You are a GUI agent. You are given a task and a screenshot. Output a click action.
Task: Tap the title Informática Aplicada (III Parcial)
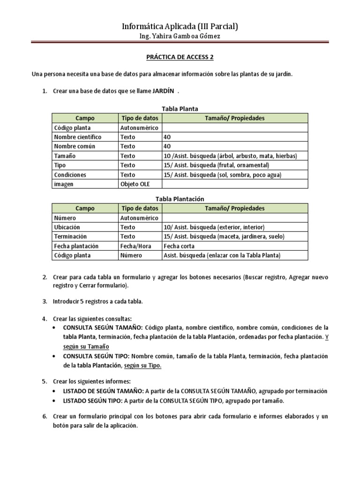(x=180, y=26)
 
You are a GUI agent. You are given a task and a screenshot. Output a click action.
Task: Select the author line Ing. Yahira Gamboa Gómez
(x=180, y=37)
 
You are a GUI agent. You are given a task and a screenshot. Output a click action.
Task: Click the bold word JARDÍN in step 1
(x=164, y=91)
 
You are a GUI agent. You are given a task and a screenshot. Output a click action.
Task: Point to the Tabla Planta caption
(x=180, y=109)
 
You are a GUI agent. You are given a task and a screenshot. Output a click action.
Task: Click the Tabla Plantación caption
(x=180, y=199)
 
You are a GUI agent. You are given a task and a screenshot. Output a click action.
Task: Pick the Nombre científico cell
(x=78, y=137)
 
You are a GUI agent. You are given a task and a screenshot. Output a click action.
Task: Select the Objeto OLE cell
(x=135, y=184)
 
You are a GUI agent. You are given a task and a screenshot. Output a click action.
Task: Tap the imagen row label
(x=64, y=184)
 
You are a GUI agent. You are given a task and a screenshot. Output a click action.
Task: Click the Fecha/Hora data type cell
(x=135, y=246)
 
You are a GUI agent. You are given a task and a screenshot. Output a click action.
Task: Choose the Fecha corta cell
(x=179, y=246)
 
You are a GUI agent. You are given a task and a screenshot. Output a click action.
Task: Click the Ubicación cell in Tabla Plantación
(x=67, y=227)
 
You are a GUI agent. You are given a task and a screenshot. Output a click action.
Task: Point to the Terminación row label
(x=70, y=237)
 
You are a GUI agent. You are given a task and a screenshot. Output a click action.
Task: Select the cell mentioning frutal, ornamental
(x=216, y=165)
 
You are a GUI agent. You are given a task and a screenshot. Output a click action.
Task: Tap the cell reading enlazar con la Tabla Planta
(x=222, y=255)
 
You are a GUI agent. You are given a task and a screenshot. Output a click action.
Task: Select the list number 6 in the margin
(x=44, y=416)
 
